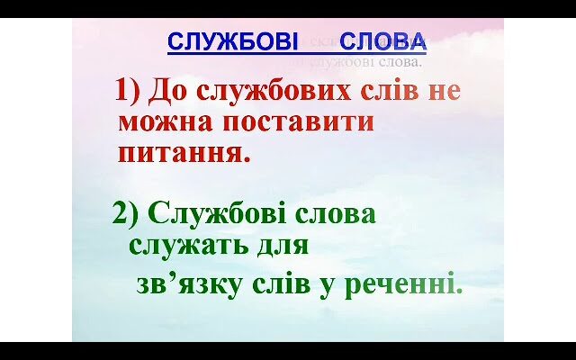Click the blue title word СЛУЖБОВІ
220,41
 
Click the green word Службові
208,214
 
